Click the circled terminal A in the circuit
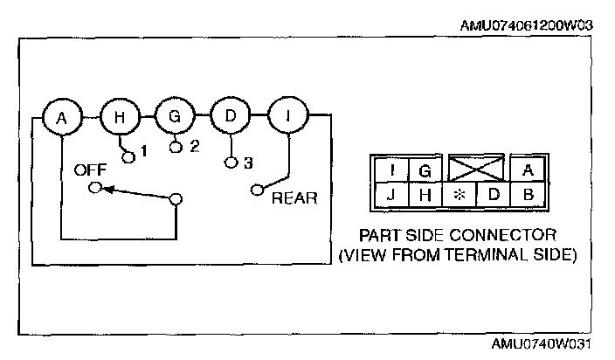click(x=61, y=116)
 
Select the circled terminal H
click(x=117, y=116)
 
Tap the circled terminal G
click(x=173, y=116)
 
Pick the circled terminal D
click(x=229, y=116)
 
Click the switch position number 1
click(x=144, y=150)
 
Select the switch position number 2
click(x=195, y=146)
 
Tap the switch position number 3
click(x=248, y=163)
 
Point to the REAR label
click(x=294, y=197)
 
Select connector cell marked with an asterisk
click(x=458, y=194)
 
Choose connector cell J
click(x=390, y=194)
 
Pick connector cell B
click(x=527, y=194)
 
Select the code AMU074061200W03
click(x=526, y=25)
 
